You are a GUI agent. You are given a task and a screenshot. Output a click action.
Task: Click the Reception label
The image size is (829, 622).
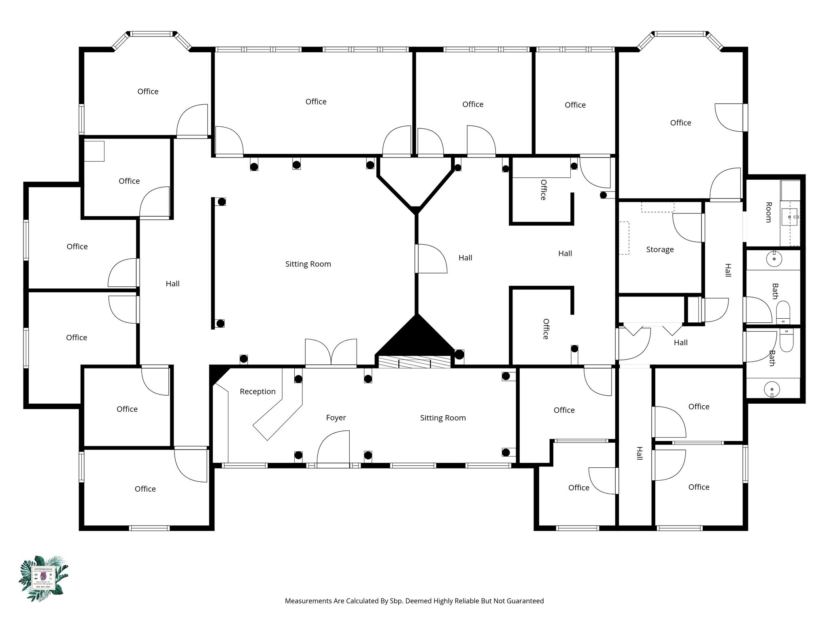coord(257,392)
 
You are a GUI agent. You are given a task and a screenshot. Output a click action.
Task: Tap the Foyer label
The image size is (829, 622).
coord(336,418)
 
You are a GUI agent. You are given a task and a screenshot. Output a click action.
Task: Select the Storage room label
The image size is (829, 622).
coord(660,249)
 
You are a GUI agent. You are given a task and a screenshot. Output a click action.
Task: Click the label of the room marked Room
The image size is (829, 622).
coord(768,212)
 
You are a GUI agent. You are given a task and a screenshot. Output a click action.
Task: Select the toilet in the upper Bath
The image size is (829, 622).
coord(783,312)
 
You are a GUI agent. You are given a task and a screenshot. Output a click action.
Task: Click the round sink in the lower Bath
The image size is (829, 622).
coord(772,390)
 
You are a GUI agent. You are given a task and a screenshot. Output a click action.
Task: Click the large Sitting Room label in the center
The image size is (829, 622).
coord(308,264)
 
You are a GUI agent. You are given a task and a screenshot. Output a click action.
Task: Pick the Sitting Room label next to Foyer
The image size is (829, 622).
coord(443,418)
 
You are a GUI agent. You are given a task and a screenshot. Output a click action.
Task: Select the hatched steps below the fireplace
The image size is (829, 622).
coord(414,362)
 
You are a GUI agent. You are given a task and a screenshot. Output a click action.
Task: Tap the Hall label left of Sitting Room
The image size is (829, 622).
coord(172,284)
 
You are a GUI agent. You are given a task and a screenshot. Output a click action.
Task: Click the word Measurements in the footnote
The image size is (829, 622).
coord(308,601)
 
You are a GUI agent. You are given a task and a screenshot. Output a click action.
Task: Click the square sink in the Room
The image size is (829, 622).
coord(789,217)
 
